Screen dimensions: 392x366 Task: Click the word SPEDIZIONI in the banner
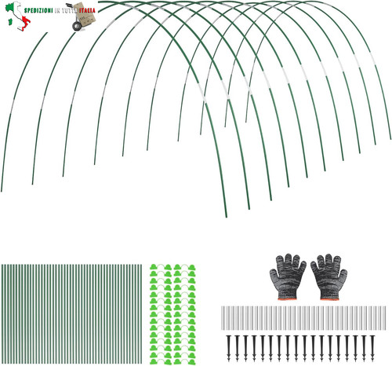tap(38, 11)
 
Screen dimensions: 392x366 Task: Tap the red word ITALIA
tap(88, 11)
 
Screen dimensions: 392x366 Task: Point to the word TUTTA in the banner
tap(69, 11)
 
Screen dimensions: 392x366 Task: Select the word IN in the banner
tap(57, 11)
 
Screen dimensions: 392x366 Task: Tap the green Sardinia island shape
tap(11, 21)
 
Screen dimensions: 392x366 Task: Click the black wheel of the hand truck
tap(77, 26)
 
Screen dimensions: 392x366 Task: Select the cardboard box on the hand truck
tap(85, 15)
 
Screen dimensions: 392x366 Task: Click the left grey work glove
tap(288, 276)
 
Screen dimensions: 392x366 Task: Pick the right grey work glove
tap(328, 276)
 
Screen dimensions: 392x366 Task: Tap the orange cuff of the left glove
tap(288, 298)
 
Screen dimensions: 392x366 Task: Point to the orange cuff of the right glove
tap(330, 298)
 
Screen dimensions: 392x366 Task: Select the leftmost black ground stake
tap(229, 348)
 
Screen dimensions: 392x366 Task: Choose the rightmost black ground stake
tap(372, 348)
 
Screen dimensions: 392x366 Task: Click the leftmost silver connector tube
tap(223, 318)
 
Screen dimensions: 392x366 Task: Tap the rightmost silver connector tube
tap(384, 318)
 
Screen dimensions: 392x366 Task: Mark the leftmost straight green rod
tap(2, 314)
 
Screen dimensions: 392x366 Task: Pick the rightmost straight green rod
tap(141, 314)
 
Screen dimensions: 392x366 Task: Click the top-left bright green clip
tap(154, 267)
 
